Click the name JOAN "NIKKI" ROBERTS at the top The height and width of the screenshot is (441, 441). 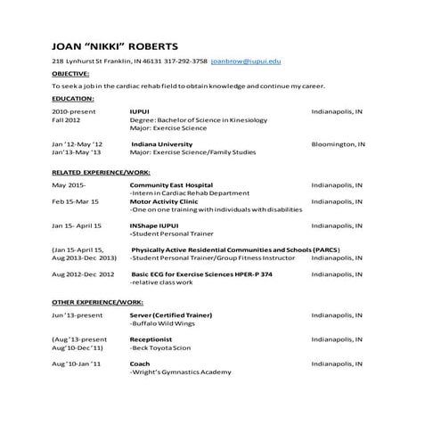pyautogui.click(x=115, y=45)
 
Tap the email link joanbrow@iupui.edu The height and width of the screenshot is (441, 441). pyautogui.click(x=248, y=61)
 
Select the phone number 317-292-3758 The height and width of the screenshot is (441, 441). pyautogui.click(x=187, y=61)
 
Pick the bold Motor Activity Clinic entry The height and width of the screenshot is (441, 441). pyautogui.click(x=164, y=201)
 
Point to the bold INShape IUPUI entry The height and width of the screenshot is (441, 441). pyautogui.click(x=153, y=226)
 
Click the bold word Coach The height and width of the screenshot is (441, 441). pyautogui.click(x=139, y=364)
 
